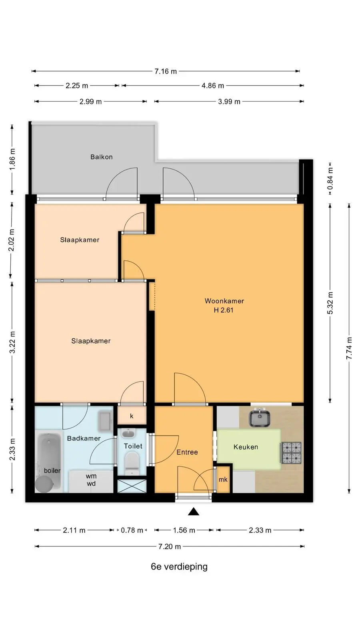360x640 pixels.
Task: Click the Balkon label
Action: point(102,157)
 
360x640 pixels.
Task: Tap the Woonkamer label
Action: point(224,301)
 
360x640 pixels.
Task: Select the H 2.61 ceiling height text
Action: point(224,310)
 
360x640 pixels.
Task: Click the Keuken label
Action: point(246,447)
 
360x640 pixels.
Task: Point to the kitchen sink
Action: point(260,418)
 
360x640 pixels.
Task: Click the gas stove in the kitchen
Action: point(292,452)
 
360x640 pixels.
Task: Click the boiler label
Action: point(52,470)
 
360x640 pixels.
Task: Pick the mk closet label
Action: point(223,480)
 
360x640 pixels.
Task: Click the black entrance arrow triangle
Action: point(194,512)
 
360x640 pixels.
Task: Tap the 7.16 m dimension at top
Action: point(166,71)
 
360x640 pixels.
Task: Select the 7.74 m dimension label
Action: point(349,348)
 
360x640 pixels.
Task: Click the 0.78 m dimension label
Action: point(132,530)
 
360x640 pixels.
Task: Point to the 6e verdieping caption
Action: point(179,566)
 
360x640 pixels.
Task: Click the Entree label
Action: point(187,452)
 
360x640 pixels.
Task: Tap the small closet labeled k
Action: point(132,416)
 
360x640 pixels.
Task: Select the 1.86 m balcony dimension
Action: point(12,159)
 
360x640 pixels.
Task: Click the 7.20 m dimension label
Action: point(170,546)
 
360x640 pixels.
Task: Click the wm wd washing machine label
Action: point(91,480)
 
